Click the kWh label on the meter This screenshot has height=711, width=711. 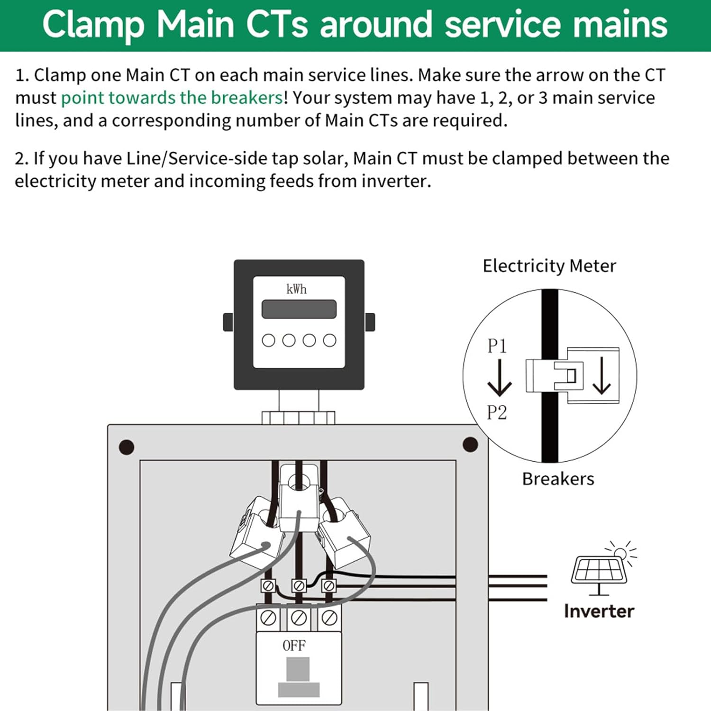coord(297,289)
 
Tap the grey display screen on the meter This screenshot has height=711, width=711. coord(299,309)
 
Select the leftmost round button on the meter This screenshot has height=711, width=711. coord(269,340)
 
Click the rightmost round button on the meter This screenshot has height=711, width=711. coord(329,340)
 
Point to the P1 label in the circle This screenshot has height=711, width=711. coord(497,346)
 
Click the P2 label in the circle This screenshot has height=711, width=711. coord(497,412)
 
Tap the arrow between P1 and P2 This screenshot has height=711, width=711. coord(500,378)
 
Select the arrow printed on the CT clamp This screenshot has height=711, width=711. coord(602,375)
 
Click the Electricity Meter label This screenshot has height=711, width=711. coord(549,266)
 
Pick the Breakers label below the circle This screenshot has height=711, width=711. coord(558,479)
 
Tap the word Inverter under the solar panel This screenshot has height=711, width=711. coord(599,611)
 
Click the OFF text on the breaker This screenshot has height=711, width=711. coord(294,646)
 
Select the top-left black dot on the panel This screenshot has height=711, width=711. coord(127,447)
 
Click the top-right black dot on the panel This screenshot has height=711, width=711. coord(470,445)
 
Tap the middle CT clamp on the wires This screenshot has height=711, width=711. coord(299,498)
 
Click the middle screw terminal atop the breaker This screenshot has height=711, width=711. coord(299,618)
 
